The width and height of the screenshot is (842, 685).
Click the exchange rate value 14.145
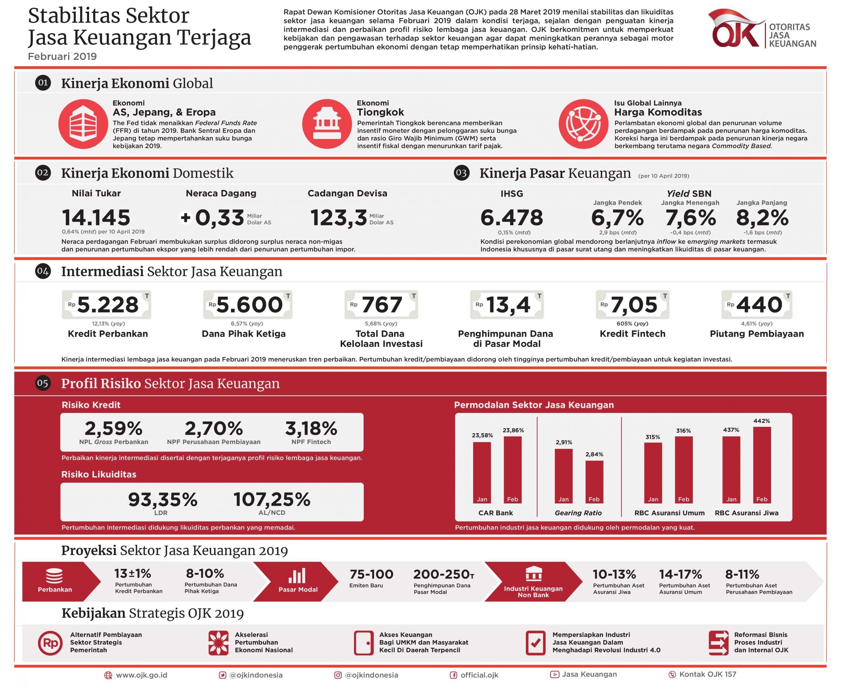[96, 218]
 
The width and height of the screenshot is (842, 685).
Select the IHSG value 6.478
[511, 218]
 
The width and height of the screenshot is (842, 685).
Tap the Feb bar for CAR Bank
[512, 470]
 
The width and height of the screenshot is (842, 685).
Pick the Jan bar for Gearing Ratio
[563, 476]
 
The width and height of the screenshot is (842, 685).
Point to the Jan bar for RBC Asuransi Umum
[653, 473]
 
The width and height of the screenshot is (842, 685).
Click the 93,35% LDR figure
[162, 500]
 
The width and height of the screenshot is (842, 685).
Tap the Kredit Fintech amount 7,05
[634, 305]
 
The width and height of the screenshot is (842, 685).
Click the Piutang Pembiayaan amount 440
[759, 305]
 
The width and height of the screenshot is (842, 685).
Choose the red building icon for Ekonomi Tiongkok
[326, 124]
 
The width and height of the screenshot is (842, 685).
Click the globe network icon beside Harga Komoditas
[583, 124]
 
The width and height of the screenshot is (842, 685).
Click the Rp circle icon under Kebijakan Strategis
[50, 644]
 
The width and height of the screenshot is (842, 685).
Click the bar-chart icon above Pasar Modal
[297, 576]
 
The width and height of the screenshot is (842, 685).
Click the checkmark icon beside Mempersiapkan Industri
[535, 644]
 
